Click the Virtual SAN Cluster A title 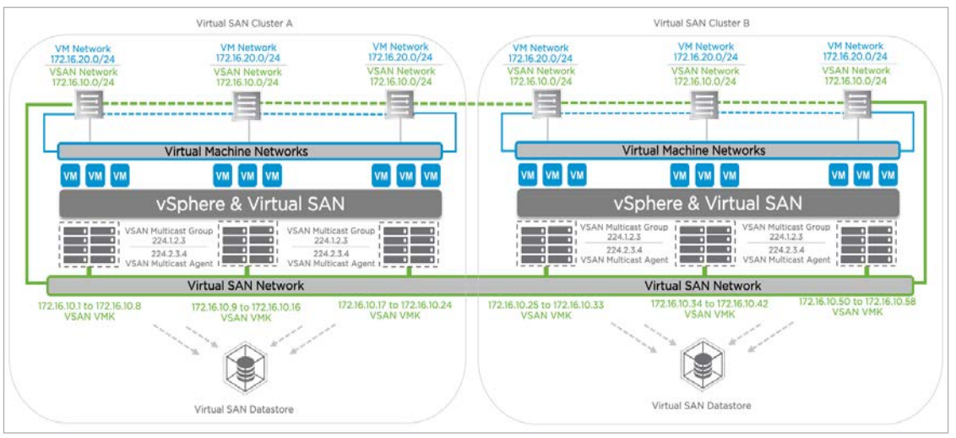tap(243, 24)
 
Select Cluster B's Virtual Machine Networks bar tap(706, 151)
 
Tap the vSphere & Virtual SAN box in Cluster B tap(706, 203)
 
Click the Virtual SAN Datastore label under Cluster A tap(244, 409)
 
